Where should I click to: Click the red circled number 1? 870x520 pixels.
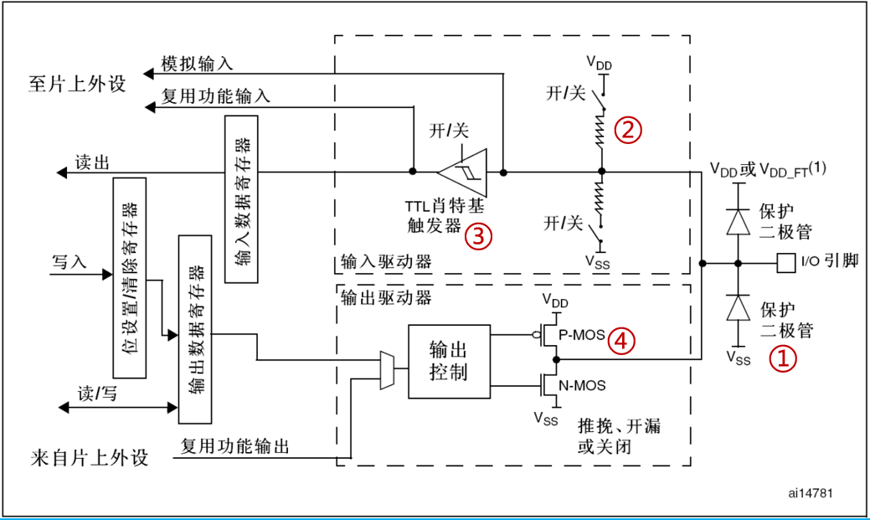coord(783,359)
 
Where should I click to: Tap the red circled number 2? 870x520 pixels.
coord(629,129)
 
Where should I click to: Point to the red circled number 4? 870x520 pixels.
coord(621,340)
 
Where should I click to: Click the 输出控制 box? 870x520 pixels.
coord(447,361)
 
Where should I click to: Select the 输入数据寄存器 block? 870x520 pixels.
coord(241,198)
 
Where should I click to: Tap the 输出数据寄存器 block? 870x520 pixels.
coord(195,329)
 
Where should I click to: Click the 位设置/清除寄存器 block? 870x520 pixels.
coord(129,277)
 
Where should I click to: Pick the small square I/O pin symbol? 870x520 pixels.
coord(785,263)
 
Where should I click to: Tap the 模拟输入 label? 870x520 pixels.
coord(196,64)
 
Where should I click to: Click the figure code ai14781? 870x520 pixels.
coord(810,493)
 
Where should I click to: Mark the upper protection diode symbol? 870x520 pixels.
coord(738,220)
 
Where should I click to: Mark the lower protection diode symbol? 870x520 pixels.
coord(738,309)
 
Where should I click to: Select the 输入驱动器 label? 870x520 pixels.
coord(386,261)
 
